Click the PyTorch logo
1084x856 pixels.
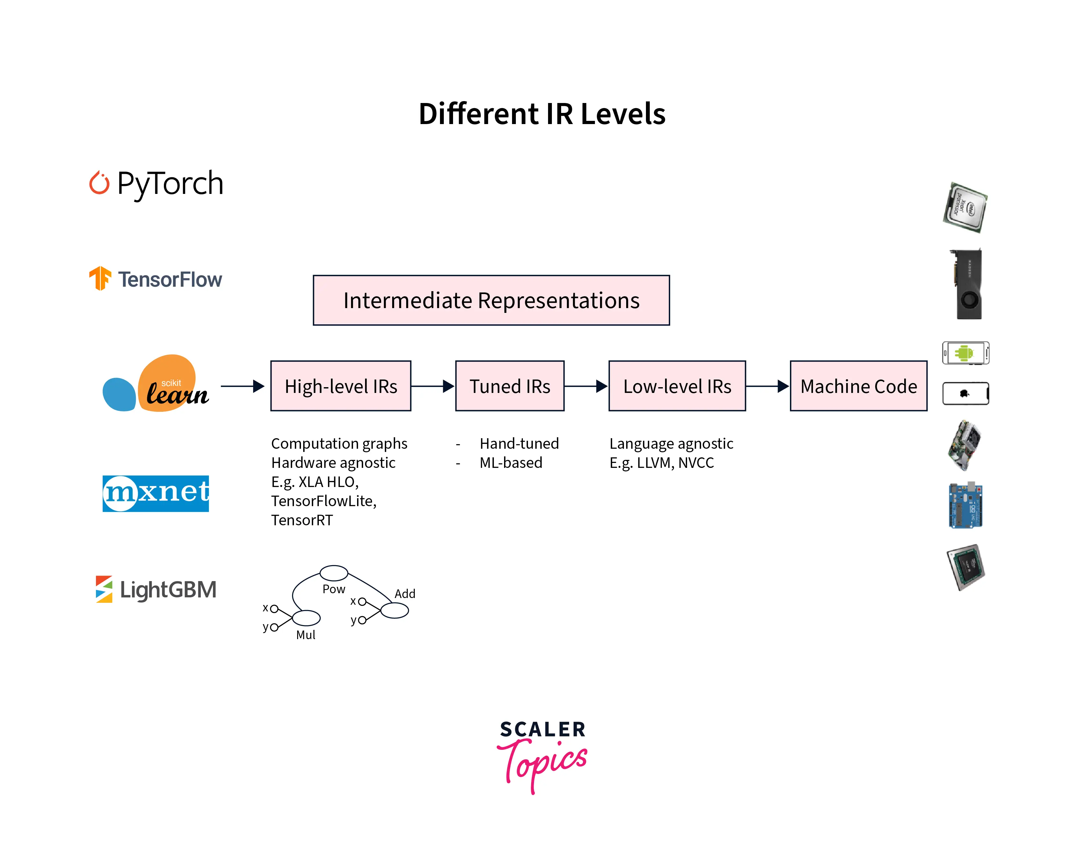point(156,183)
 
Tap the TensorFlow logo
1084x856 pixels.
point(155,279)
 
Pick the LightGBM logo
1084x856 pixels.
point(156,589)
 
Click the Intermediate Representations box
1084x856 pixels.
point(491,300)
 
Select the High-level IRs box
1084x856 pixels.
point(341,386)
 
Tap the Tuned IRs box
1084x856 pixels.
point(509,386)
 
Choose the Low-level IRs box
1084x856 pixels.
point(677,386)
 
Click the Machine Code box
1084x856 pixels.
point(858,386)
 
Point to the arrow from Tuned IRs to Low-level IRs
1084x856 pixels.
point(586,386)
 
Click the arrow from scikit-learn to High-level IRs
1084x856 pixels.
point(242,386)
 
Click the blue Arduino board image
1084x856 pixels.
point(965,505)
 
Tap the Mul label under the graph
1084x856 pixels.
point(305,635)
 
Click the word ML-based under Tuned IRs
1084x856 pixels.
point(510,462)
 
